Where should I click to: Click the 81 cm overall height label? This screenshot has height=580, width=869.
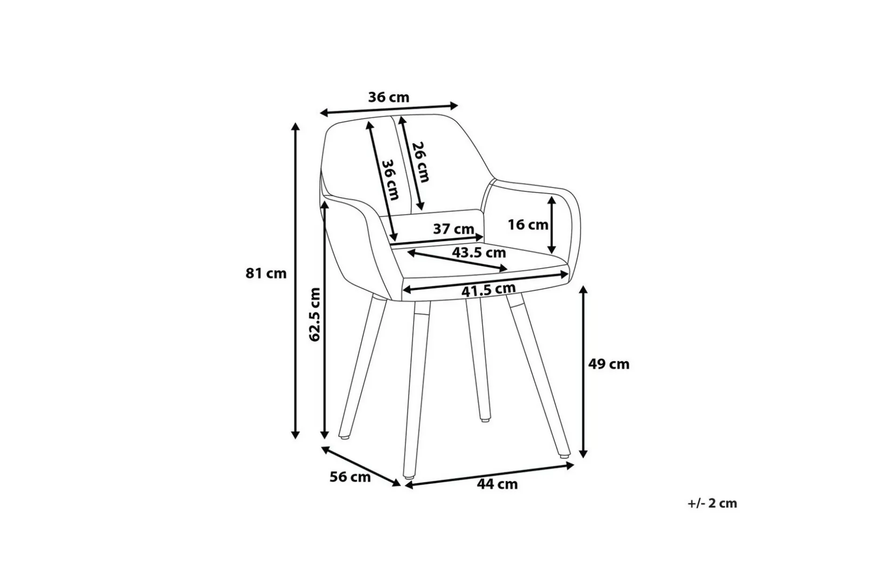[266, 273]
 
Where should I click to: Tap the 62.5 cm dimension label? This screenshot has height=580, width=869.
[316, 314]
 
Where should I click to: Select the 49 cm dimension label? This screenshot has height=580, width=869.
[609, 364]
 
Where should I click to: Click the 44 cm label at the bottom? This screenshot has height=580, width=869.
[497, 484]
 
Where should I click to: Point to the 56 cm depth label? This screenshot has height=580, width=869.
[350, 478]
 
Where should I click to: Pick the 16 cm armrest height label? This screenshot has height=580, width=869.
[528, 225]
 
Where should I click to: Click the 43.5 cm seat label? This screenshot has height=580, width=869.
[479, 253]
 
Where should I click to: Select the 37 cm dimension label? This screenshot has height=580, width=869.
[454, 229]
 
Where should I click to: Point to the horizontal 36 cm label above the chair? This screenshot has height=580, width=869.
[389, 97]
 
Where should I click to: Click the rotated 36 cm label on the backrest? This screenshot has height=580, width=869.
[391, 180]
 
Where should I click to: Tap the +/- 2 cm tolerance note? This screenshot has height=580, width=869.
[712, 503]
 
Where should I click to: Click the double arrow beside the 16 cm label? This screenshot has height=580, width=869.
[552, 225]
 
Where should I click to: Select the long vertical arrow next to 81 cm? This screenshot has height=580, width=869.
[295, 281]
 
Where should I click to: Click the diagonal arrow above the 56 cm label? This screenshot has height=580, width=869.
[361, 466]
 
